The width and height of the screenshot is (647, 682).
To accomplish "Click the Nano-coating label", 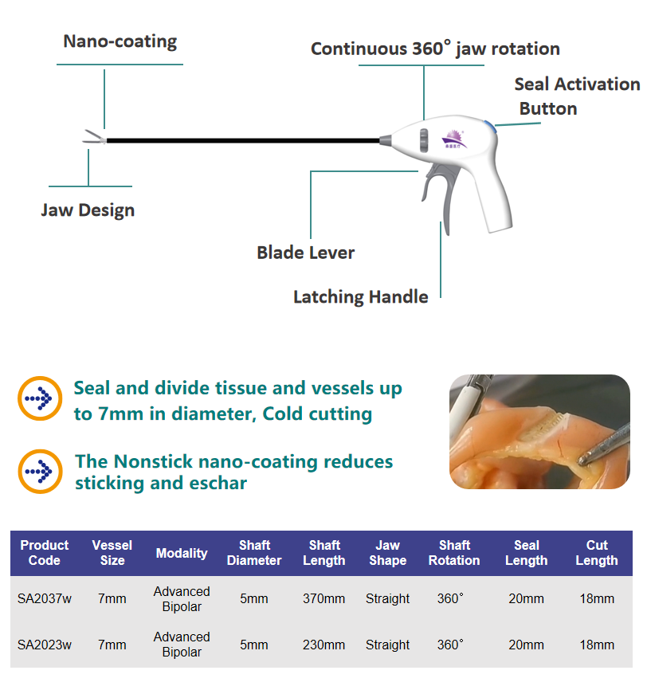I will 120,41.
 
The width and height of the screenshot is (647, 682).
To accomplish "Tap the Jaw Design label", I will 88,211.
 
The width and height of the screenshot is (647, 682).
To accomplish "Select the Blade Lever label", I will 305,253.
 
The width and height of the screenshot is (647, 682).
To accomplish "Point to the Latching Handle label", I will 360,298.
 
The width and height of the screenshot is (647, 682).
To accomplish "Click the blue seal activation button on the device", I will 495,125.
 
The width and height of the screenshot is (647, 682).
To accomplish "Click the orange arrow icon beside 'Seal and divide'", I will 39,398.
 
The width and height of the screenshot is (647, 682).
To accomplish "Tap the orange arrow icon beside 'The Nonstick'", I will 39,472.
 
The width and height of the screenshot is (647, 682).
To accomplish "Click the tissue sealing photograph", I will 539,431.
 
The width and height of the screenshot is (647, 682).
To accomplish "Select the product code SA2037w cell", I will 45,599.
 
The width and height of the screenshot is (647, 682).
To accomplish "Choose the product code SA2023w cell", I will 45,645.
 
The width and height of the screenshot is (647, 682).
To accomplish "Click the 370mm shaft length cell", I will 324,599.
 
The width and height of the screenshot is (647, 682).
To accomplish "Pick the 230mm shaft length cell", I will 324,645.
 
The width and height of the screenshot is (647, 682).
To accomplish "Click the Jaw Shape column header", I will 388,553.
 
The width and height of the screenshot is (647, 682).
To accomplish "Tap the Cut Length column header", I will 597,553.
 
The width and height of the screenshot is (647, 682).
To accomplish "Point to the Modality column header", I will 182,553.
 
